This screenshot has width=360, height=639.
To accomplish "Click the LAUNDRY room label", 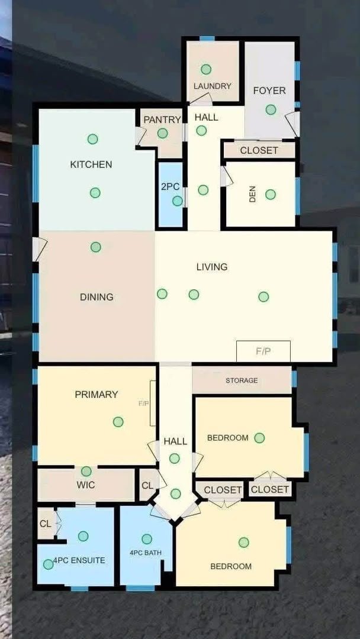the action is click(213, 86).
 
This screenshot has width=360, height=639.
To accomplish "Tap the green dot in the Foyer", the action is click(271, 109).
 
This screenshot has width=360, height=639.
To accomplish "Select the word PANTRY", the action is click(162, 120).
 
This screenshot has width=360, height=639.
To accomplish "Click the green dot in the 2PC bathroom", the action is click(178, 201).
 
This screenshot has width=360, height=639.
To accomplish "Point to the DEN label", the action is click(252, 195).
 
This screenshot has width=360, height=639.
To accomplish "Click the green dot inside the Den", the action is click(271, 195).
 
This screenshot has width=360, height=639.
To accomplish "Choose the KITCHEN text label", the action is click(91, 164).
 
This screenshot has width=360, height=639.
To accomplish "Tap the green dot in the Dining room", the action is click(96, 247).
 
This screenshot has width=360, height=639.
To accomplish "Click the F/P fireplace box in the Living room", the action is click(263, 351).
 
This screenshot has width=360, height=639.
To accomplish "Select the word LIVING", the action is click(212, 267).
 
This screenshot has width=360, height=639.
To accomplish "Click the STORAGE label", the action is click(242, 380).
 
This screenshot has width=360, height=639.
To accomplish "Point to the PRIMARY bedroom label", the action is click(97, 395).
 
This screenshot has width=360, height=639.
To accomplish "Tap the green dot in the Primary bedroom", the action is click(118, 422).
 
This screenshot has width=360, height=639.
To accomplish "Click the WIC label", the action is click(86, 485).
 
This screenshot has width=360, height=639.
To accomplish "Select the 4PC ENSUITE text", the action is click(79, 560).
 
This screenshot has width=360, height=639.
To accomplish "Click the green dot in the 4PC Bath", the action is click(147, 539).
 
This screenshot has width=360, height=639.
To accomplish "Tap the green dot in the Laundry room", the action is click(206, 69).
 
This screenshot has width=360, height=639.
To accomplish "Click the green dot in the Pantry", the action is click(163, 133).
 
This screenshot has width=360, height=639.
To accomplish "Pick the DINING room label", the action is click(97, 297).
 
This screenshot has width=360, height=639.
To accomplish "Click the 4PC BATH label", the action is click(146, 553).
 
